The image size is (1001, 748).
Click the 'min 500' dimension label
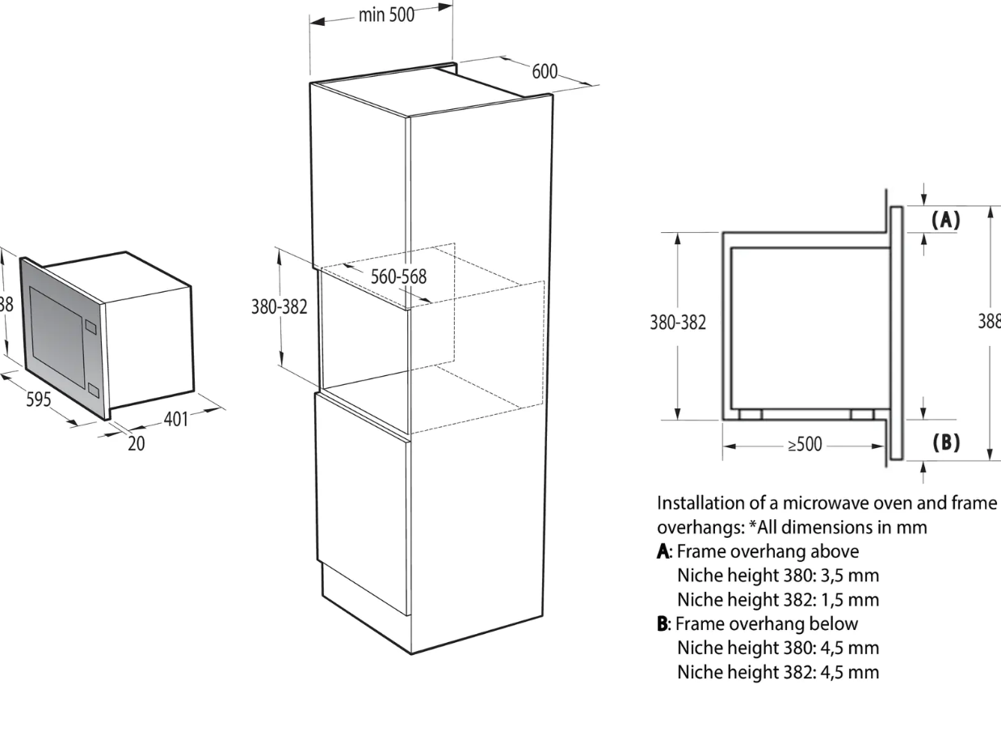click(386, 15)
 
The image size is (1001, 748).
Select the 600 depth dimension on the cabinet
click(545, 71)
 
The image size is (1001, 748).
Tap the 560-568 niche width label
click(399, 276)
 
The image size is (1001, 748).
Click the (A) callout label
click(945, 219)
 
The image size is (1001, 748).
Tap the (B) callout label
click(945, 442)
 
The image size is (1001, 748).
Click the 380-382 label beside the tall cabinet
click(280, 308)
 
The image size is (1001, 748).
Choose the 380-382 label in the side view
click(679, 323)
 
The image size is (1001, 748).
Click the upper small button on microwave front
click(90, 328)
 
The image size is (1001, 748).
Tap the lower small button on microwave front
click(93, 391)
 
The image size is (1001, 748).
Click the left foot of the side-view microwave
click(750, 414)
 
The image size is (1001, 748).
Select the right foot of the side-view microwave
click(862, 414)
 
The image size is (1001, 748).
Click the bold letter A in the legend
click(663, 551)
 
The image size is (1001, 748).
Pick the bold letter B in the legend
click(663, 623)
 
